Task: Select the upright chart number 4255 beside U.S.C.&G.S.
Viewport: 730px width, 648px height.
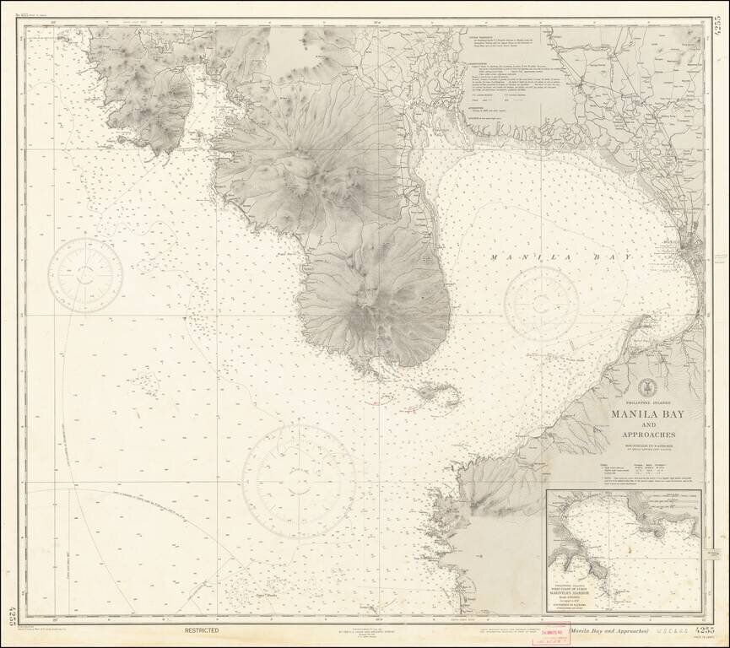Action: pos(708,630)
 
